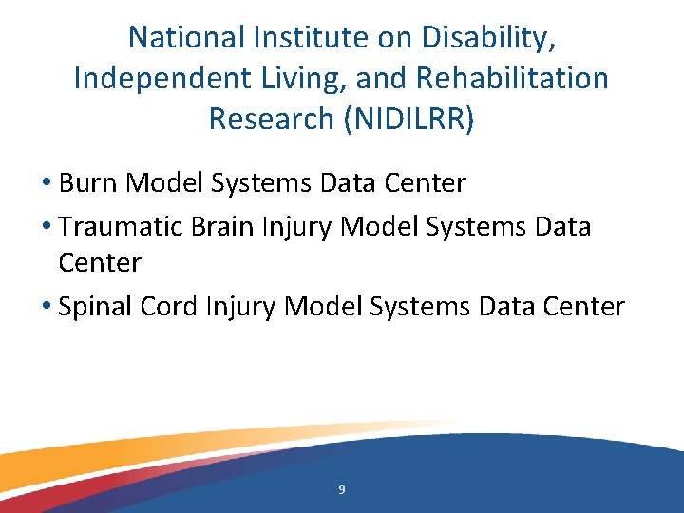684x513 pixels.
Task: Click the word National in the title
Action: [187, 37]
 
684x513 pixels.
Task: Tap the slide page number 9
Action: [342, 490]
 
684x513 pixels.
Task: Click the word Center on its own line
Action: [99, 261]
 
